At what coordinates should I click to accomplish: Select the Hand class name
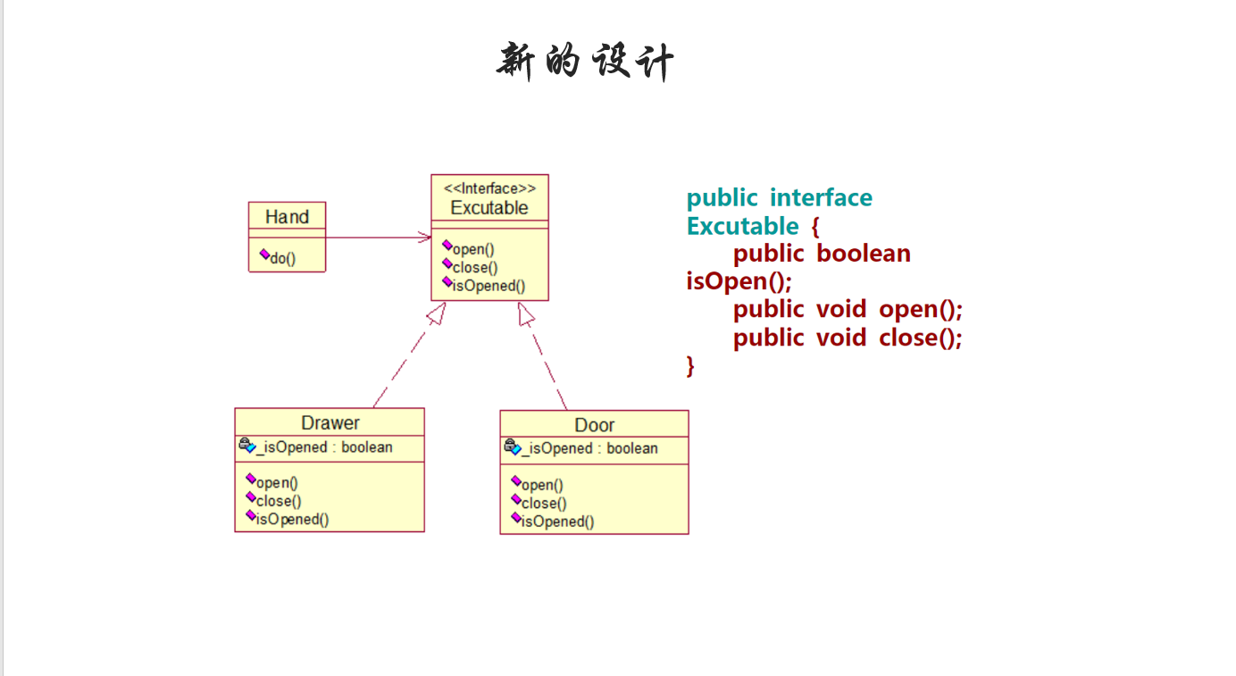pyautogui.click(x=287, y=217)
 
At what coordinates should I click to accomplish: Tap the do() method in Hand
pyautogui.click(x=282, y=259)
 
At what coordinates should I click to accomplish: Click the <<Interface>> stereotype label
pyautogui.click(x=489, y=188)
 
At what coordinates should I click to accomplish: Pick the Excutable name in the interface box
pyautogui.click(x=489, y=208)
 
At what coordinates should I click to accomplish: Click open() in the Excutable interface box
pyautogui.click(x=473, y=249)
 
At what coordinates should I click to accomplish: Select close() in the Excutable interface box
pyautogui.click(x=475, y=267)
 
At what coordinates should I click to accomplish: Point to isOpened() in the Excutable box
pyautogui.click(x=489, y=286)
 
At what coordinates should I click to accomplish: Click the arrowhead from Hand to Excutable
pyautogui.click(x=425, y=237)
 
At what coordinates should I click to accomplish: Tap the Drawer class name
pyautogui.click(x=330, y=422)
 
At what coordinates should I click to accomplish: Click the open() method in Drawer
pyautogui.click(x=277, y=483)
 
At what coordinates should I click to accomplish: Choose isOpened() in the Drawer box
pyautogui.click(x=292, y=519)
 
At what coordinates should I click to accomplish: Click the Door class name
pyautogui.click(x=594, y=425)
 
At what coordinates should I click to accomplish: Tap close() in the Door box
pyautogui.click(x=544, y=504)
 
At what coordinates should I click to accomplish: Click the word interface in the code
pyautogui.click(x=821, y=197)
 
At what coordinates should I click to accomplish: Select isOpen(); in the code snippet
pyautogui.click(x=739, y=281)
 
